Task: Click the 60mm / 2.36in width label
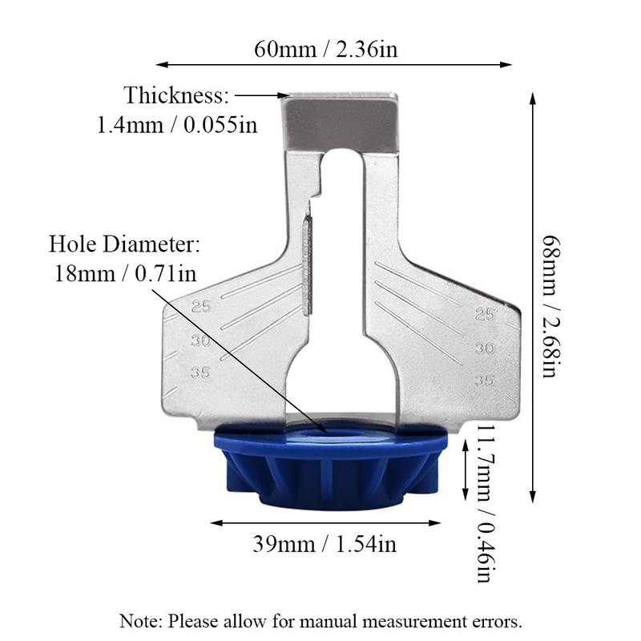coord(326,50)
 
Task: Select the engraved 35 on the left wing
coord(200,372)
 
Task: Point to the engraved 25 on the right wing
coord(484,316)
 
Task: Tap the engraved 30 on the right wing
coord(483,348)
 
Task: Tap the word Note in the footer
coord(138,621)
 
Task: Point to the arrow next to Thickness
coord(260,95)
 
